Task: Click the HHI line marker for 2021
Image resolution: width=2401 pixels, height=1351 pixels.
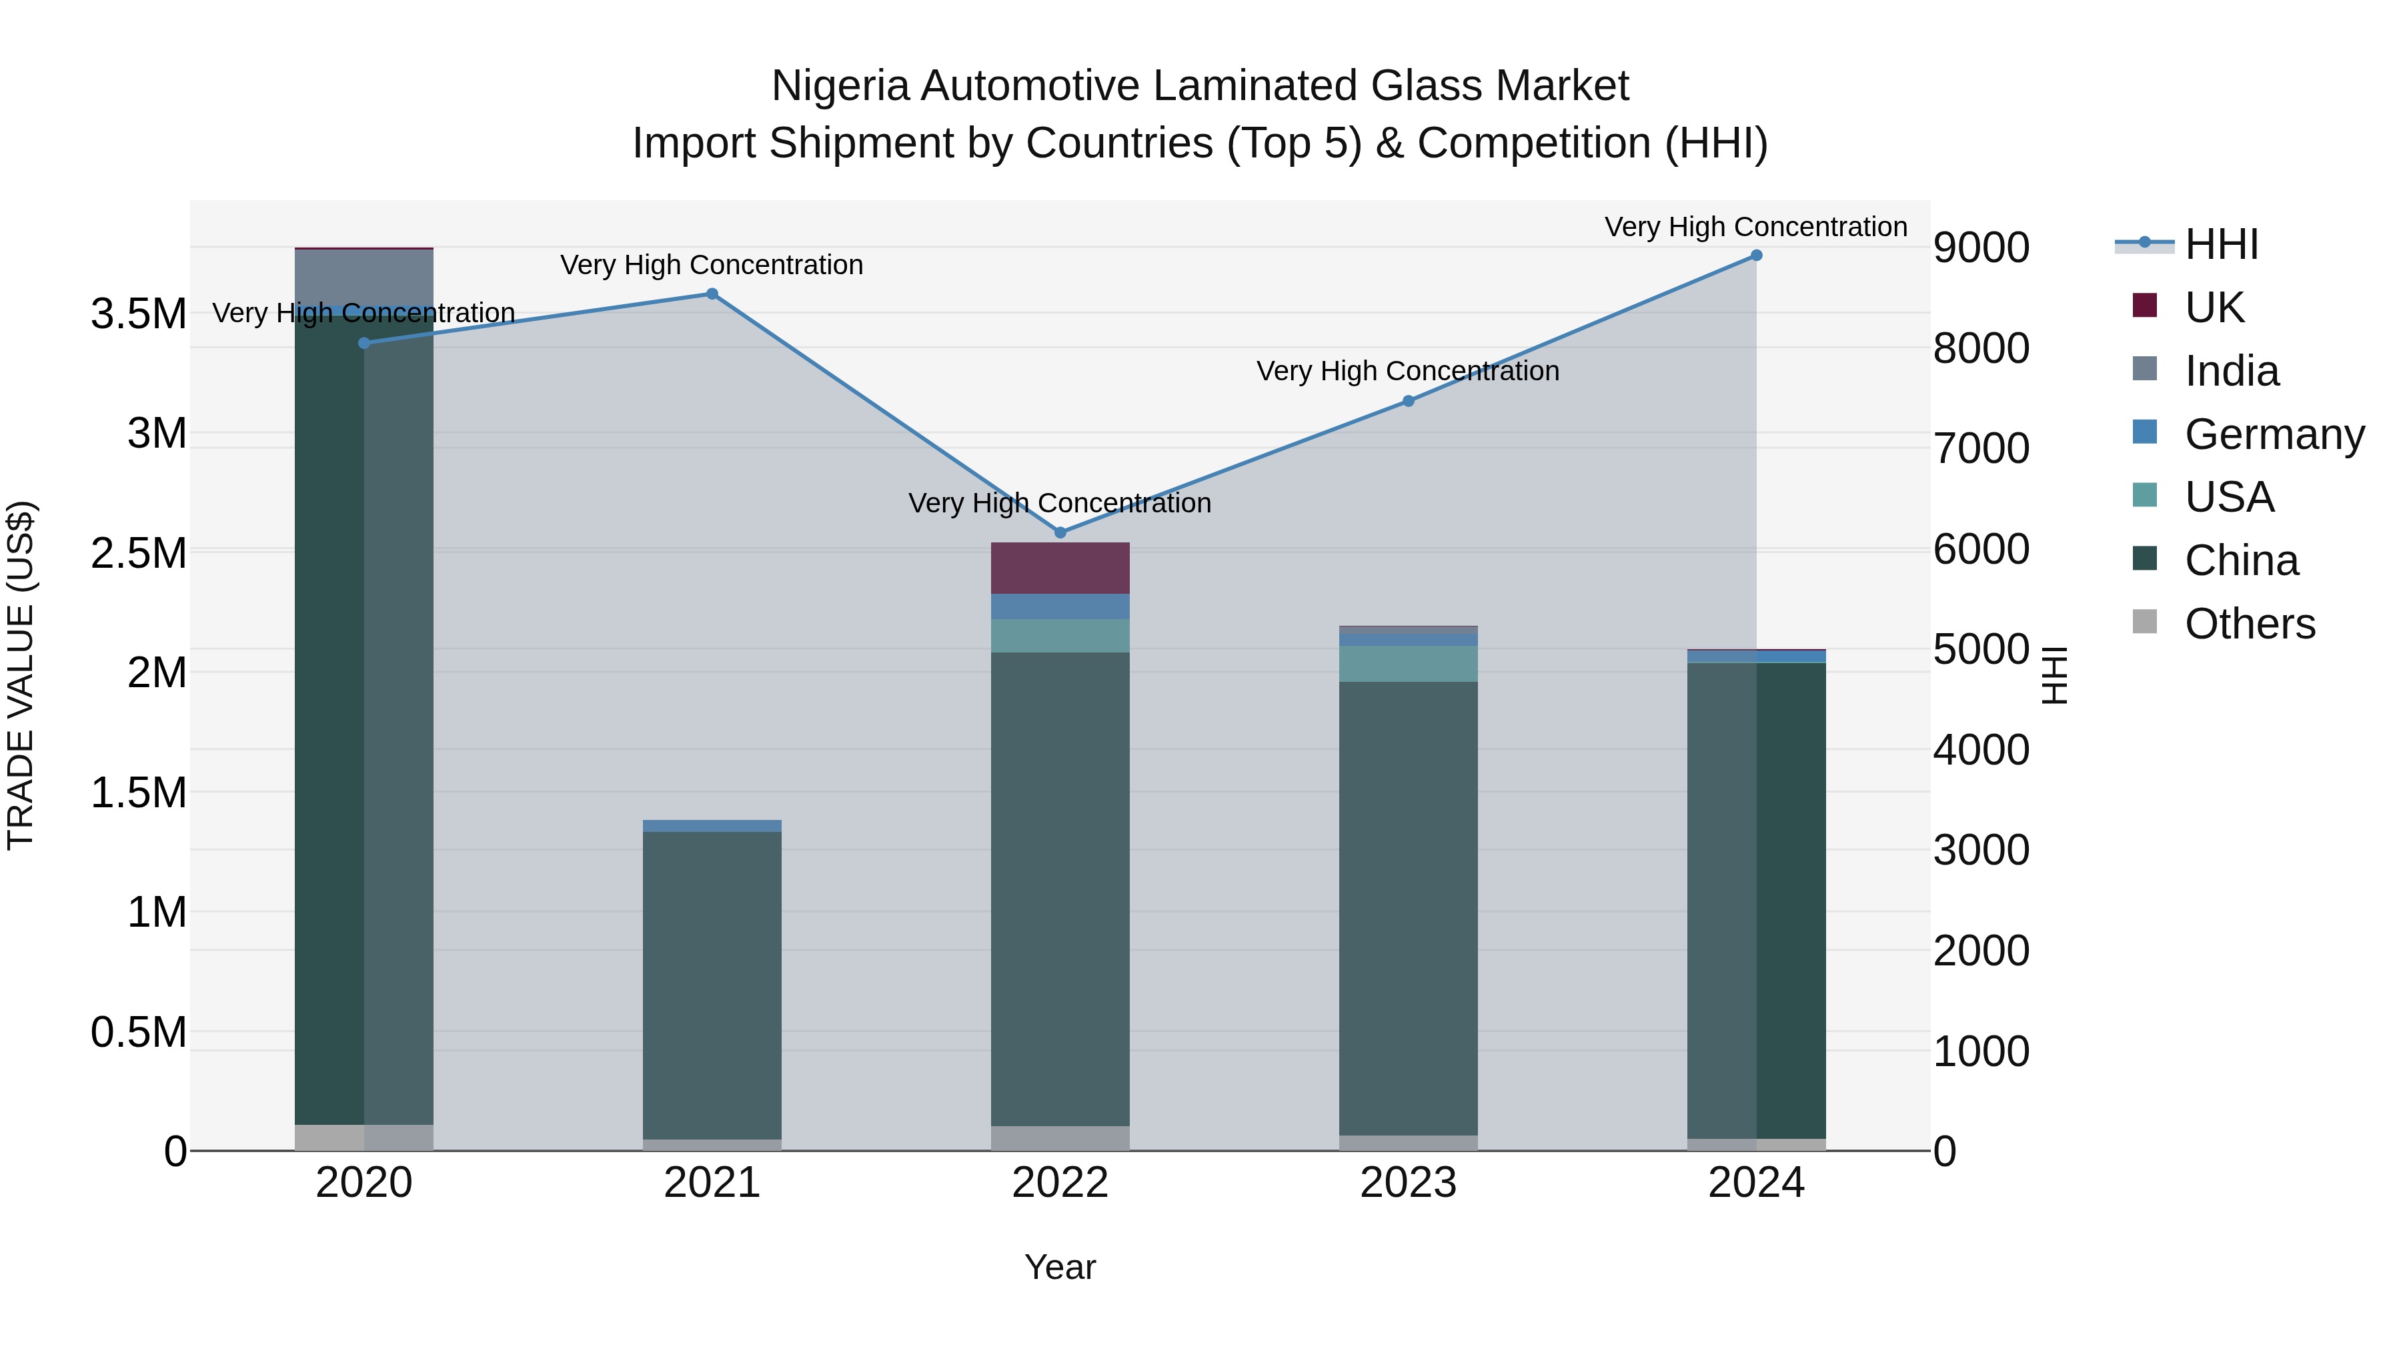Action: click(x=712, y=294)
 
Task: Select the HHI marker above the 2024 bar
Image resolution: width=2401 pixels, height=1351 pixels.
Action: click(x=1756, y=256)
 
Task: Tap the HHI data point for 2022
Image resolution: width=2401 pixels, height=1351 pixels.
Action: click(x=1060, y=532)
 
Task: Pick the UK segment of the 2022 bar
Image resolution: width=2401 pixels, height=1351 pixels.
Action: click(x=1060, y=568)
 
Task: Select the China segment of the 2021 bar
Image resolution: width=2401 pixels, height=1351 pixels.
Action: click(x=712, y=983)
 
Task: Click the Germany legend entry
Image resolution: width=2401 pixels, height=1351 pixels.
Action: click(x=2274, y=434)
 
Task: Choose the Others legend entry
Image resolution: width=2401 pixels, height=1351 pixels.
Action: click(x=2249, y=624)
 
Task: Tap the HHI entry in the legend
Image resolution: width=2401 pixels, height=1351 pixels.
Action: click(x=2221, y=244)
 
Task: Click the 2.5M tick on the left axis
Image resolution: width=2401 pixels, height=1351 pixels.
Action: click(x=139, y=554)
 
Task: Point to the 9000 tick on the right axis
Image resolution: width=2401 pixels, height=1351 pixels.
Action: click(x=1981, y=248)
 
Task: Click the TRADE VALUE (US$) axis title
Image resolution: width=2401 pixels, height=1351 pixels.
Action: click(x=21, y=675)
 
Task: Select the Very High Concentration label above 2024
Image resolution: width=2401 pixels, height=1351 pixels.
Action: click(x=1756, y=227)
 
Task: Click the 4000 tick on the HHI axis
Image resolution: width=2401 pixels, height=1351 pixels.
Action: click(x=1981, y=750)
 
